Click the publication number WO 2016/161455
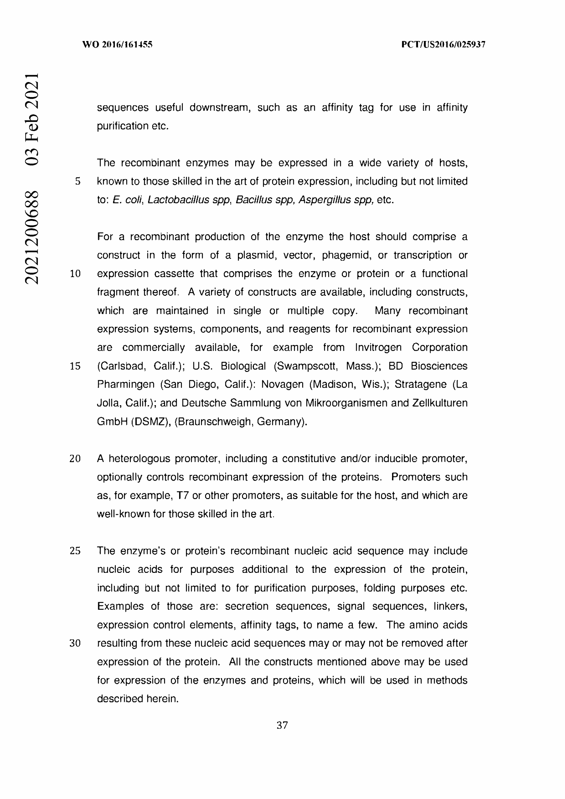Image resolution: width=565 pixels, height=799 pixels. (x=117, y=44)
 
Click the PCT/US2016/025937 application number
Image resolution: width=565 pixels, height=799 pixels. (x=443, y=44)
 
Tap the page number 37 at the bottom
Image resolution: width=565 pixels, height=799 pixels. (x=282, y=725)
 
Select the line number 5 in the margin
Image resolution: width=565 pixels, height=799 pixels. (x=78, y=181)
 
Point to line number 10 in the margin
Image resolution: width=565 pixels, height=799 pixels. (x=75, y=274)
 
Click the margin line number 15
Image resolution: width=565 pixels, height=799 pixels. (x=75, y=366)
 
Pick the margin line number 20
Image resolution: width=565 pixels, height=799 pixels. (x=75, y=459)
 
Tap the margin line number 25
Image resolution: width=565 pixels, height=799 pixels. (x=75, y=551)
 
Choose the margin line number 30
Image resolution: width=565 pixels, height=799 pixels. (x=75, y=643)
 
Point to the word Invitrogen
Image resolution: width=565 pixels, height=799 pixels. (x=378, y=347)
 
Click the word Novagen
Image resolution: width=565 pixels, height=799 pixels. (x=282, y=384)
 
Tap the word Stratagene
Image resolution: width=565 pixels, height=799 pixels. (x=420, y=384)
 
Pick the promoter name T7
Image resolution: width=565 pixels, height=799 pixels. (x=183, y=496)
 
